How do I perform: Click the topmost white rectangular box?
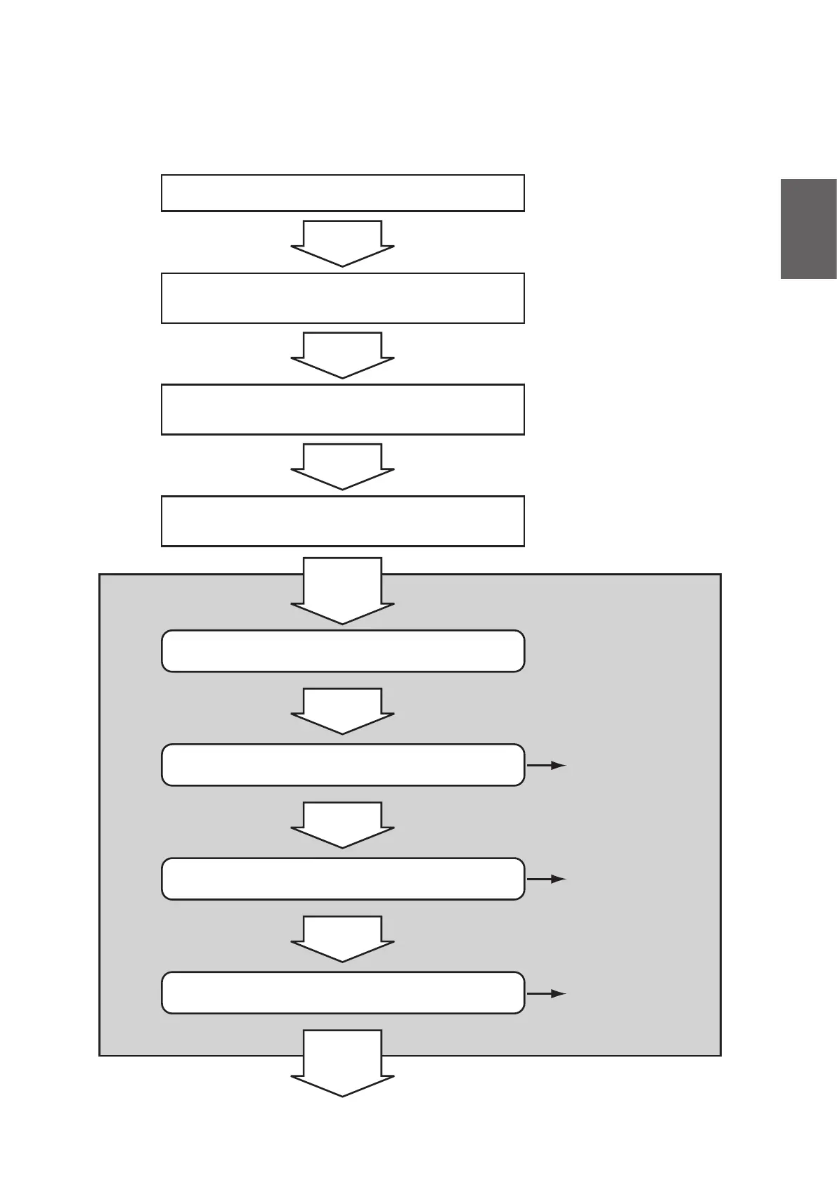pos(343,192)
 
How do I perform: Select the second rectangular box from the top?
pos(343,298)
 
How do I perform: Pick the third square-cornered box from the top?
pos(343,409)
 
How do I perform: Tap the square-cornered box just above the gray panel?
pos(343,521)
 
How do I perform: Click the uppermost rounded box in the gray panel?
pos(343,651)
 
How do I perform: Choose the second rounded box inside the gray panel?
pos(343,764)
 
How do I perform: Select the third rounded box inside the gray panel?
pos(343,878)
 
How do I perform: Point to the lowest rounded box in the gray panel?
pos(343,993)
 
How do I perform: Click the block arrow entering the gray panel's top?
pos(343,590)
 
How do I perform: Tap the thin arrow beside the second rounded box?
pos(547,765)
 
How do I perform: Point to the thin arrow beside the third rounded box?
pos(547,879)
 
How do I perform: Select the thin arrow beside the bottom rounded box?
pos(547,993)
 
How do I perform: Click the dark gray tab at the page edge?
pos(808,229)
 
